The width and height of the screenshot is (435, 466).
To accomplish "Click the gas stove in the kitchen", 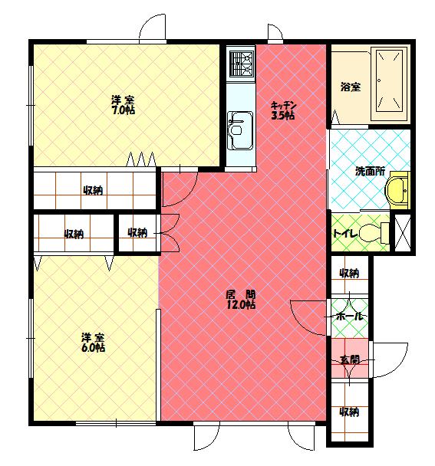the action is (x=242, y=64).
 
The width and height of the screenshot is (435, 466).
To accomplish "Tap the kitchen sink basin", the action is (x=240, y=131).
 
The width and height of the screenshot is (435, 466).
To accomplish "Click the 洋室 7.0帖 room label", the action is (x=124, y=104).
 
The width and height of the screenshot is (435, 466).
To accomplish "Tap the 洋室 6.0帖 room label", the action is (x=93, y=343).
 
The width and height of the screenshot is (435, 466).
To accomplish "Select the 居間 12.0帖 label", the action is (x=241, y=300).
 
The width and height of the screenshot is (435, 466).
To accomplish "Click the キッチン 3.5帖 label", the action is (x=283, y=110).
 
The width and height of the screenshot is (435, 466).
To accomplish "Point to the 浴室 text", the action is (x=351, y=87).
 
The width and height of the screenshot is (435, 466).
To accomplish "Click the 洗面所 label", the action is (x=370, y=171).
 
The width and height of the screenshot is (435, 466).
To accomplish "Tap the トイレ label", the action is (x=345, y=234).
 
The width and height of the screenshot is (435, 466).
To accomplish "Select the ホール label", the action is (x=350, y=316).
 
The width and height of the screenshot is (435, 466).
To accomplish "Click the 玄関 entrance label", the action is (x=350, y=360).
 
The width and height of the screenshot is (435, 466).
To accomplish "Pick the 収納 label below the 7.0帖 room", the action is (x=93, y=190).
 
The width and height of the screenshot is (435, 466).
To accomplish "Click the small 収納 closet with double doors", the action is (x=137, y=232).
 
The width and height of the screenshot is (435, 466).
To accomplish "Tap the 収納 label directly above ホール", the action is (x=349, y=273).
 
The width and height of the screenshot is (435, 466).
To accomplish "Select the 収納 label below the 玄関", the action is (x=349, y=412).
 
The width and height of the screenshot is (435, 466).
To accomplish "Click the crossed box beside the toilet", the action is (x=402, y=232).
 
